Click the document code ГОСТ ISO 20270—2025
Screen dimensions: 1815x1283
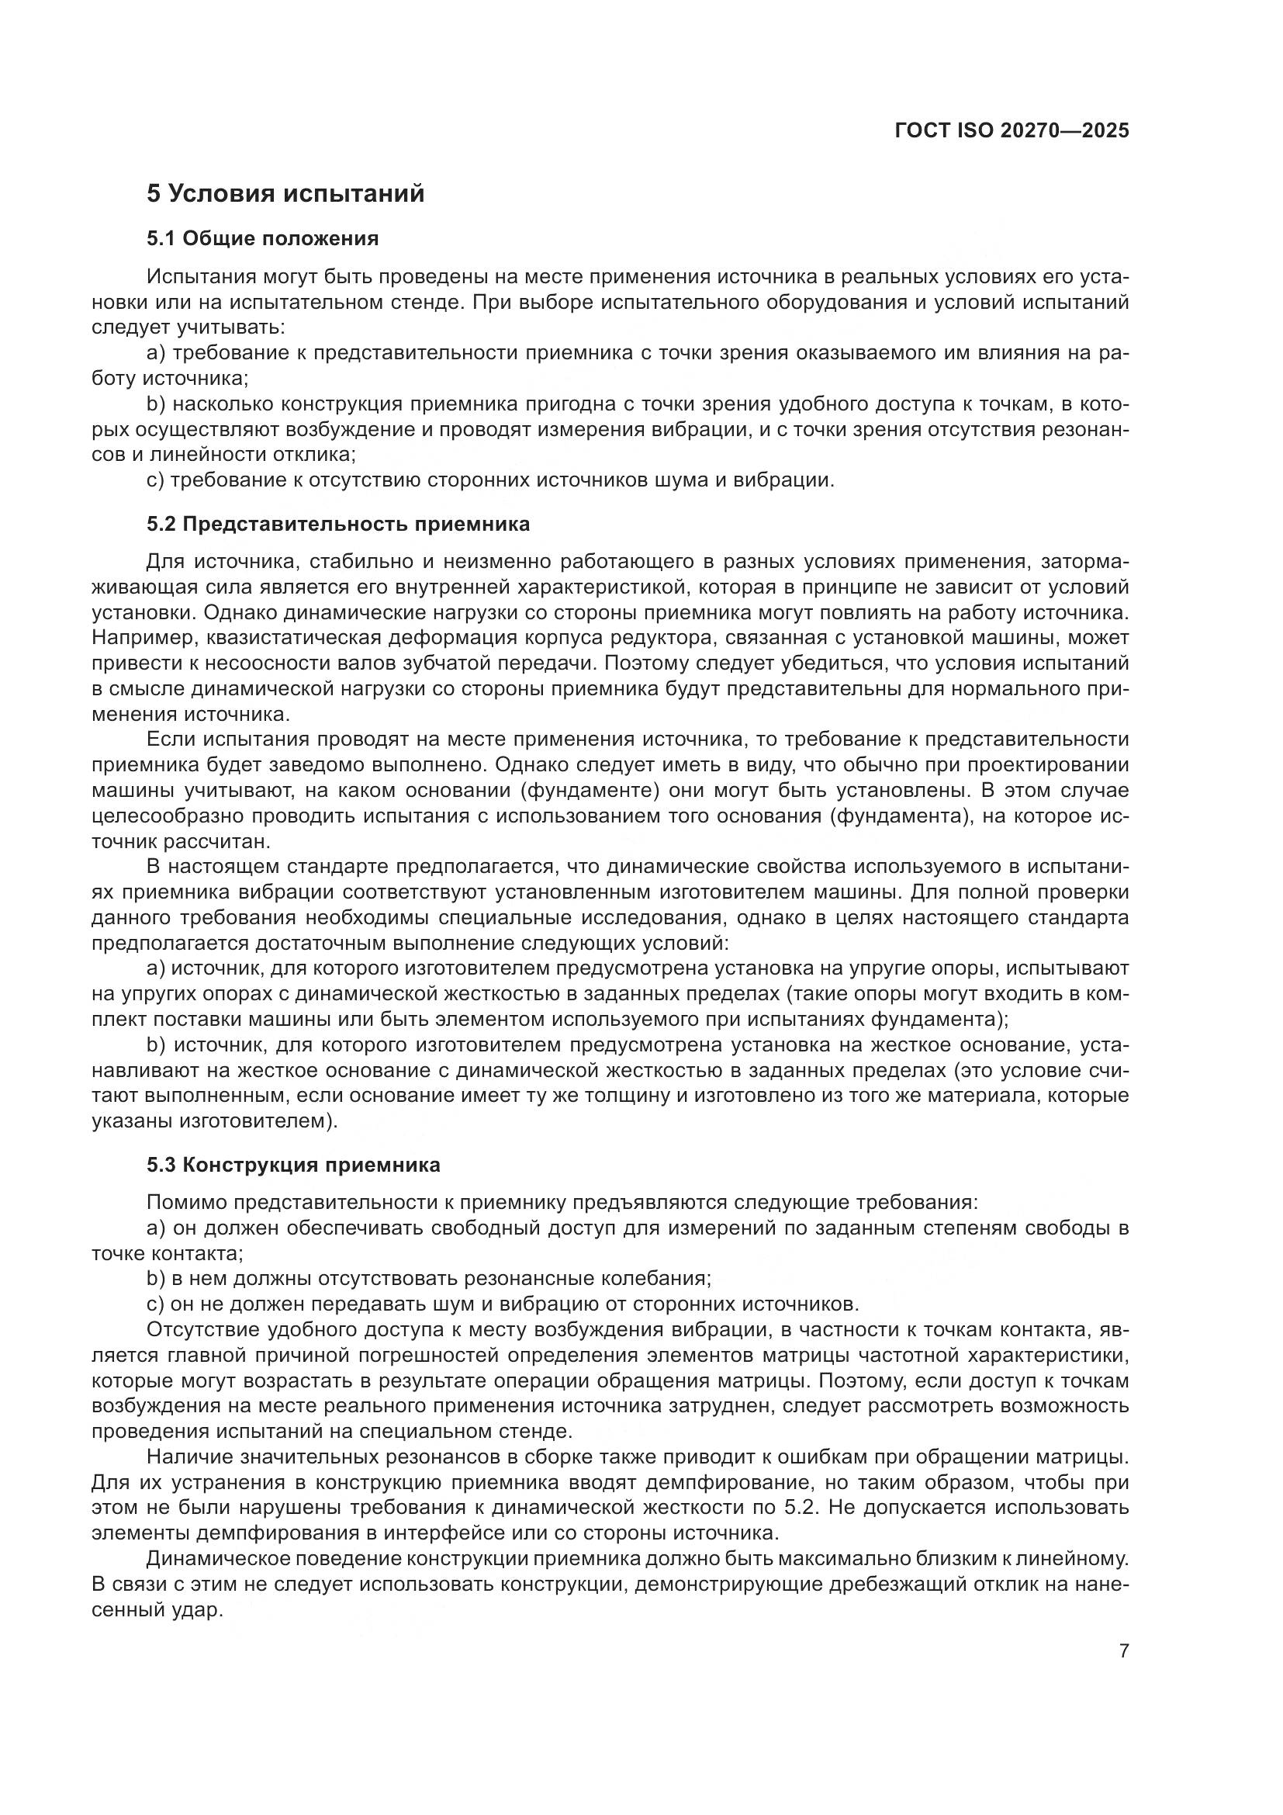point(1012,130)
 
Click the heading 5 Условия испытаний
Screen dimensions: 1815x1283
point(285,194)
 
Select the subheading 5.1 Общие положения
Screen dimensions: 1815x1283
point(262,239)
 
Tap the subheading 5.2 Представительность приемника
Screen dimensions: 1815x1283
point(338,524)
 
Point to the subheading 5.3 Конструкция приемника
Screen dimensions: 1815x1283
point(293,1166)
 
